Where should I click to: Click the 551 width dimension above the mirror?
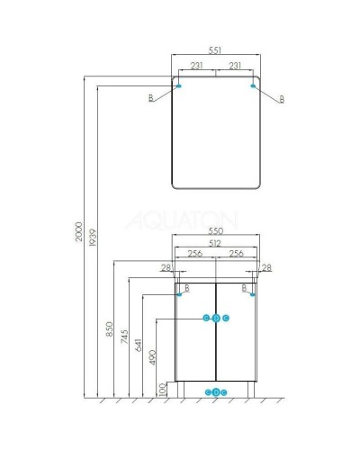(x=215, y=50)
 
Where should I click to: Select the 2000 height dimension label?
(x=78, y=231)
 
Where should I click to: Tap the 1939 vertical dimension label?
(x=93, y=238)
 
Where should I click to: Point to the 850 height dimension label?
(x=110, y=328)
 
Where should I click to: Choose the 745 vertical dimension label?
(x=124, y=337)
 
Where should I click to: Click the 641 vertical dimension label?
(x=139, y=345)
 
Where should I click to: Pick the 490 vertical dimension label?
(x=153, y=357)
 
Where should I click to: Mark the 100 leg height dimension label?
(x=162, y=390)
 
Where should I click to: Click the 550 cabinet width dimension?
(x=216, y=231)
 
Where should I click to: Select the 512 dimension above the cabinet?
(x=215, y=243)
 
